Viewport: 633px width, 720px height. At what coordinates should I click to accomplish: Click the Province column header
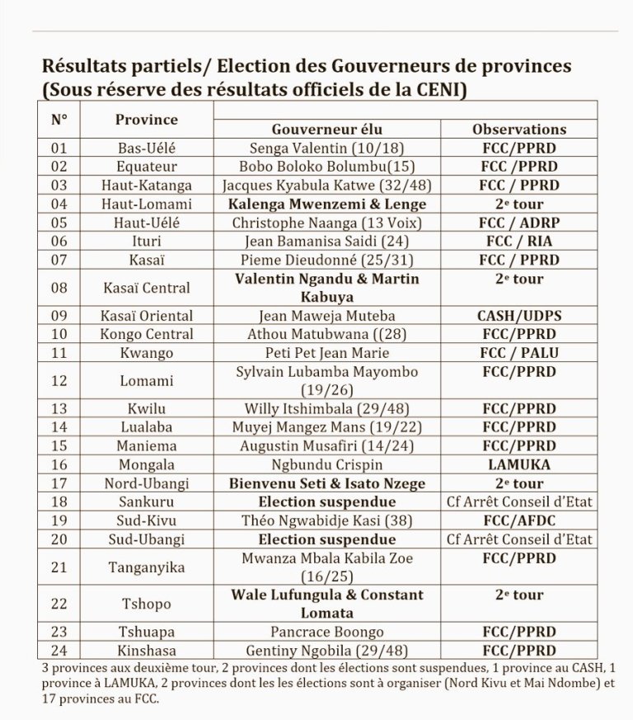(146, 120)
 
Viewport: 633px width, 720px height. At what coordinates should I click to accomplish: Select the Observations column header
(518, 129)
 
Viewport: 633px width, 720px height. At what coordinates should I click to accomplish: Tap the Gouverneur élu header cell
(327, 129)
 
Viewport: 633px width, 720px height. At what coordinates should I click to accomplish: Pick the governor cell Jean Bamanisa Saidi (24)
(327, 241)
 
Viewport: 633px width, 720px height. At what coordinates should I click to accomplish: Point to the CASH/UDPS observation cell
(518, 315)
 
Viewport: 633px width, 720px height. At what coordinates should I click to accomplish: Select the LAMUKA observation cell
(518, 464)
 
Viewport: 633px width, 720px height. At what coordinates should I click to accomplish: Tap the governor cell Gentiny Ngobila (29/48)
(327, 651)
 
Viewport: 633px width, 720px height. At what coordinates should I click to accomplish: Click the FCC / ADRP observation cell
(518, 222)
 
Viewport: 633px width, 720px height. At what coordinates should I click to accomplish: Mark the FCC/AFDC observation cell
(518, 520)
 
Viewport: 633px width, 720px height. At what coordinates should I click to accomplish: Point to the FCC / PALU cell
(518, 352)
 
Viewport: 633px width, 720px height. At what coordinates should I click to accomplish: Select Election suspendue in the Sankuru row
(327, 501)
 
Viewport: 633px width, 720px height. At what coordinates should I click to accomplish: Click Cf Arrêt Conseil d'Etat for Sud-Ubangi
(518, 539)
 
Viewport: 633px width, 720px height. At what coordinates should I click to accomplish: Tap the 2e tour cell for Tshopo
(518, 595)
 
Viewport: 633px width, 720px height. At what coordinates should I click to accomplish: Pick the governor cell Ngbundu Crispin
(327, 464)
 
